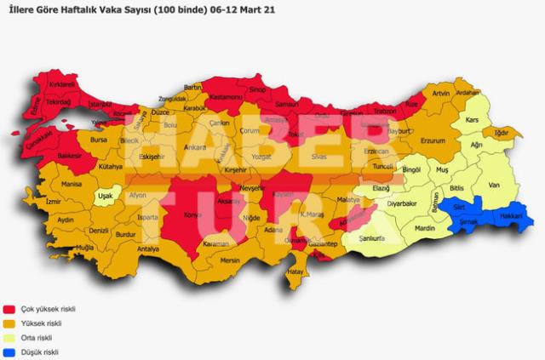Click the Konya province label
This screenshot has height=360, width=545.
[x=192, y=215]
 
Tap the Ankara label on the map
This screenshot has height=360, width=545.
[x=195, y=147]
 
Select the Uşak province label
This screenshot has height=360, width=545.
[x=106, y=196]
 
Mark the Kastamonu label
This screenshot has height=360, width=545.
[x=227, y=98]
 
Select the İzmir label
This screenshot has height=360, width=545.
[x=54, y=202]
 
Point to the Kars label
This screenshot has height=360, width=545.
[x=472, y=120]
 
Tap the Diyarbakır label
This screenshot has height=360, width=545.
[x=401, y=204]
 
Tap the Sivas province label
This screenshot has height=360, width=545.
[x=319, y=157]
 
